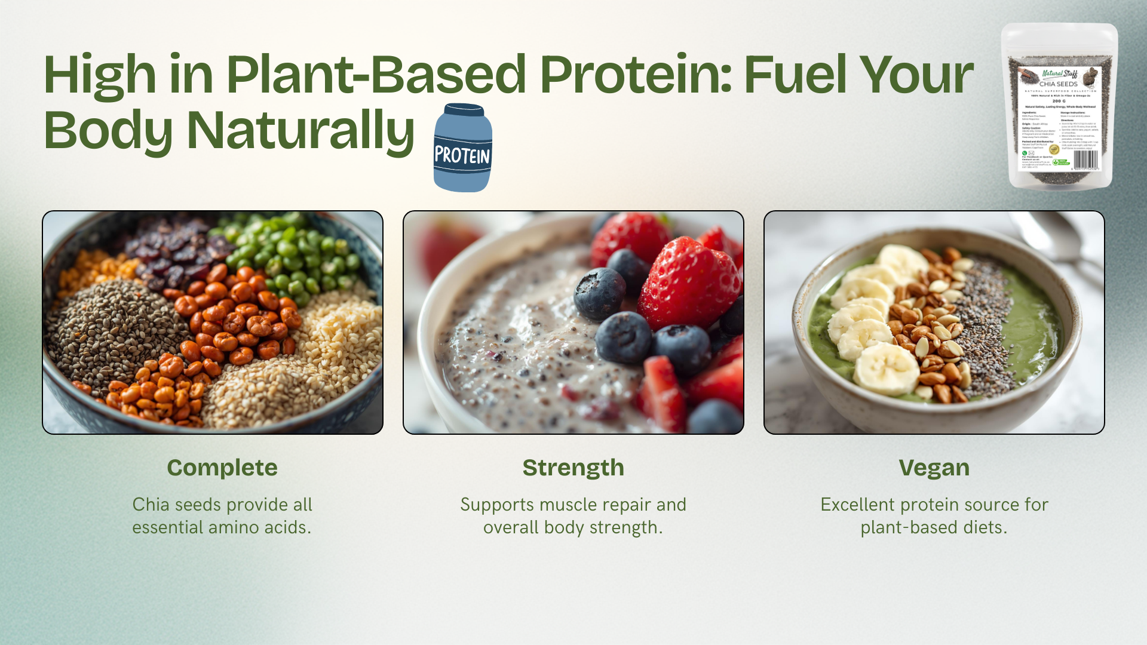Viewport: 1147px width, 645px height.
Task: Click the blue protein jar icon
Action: point(462,149)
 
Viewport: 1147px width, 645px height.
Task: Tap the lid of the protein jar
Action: point(464,110)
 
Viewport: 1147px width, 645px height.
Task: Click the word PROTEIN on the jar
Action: point(462,156)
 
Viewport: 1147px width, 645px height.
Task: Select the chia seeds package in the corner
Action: point(1059,106)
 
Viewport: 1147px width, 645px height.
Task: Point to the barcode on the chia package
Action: point(1085,159)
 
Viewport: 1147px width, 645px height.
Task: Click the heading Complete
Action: point(222,468)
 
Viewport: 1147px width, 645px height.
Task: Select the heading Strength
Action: point(573,468)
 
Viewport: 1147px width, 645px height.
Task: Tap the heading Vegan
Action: point(934,468)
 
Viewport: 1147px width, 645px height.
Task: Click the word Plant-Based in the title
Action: point(376,75)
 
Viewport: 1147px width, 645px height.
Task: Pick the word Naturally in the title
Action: point(300,130)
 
